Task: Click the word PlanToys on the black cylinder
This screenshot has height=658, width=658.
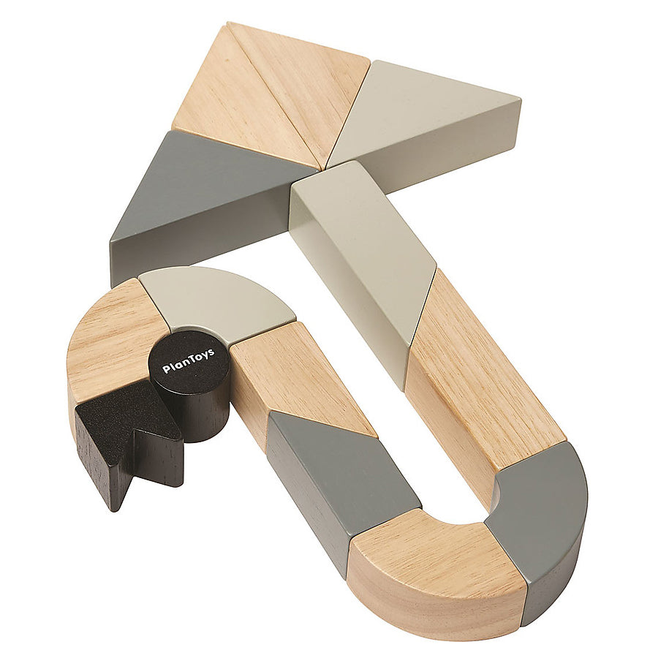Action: [189, 361]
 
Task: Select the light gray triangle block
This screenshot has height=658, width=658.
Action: [424, 118]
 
